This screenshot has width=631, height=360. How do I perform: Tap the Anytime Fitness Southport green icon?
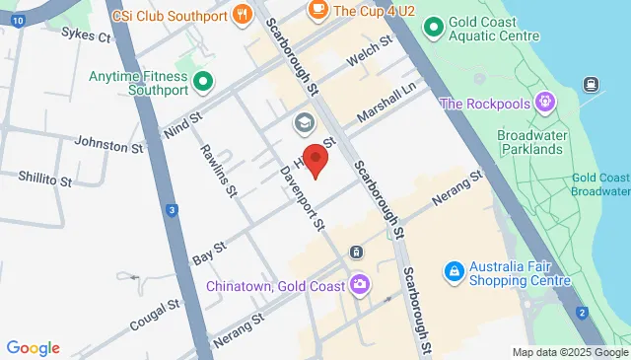204,81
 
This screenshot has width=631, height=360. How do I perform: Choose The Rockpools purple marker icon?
543,102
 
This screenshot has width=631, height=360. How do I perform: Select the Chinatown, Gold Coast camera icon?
361,285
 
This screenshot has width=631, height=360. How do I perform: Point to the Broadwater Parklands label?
529,142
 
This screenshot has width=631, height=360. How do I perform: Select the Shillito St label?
44,180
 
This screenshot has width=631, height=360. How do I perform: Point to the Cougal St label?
154,312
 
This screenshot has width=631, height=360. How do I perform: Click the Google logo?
34,347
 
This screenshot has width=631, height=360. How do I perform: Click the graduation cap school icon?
304,124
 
